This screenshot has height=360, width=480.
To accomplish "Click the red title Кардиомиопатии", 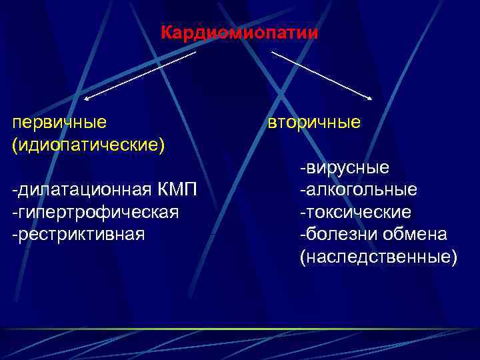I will [x=239, y=32].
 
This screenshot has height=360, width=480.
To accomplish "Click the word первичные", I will [x=60, y=122].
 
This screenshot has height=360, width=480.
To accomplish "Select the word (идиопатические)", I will [x=89, y=144].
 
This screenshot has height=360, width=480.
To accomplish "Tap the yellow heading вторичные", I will [x=314, y=122].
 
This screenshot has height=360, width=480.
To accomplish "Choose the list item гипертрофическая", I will [x=97, y=212].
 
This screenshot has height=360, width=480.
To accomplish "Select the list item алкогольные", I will [x=361, y=190].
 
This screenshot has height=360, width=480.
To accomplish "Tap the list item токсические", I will [x=358, y=212].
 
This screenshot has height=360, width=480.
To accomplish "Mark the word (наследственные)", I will [x=379, y=257].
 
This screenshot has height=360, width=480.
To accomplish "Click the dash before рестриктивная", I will [x=15, y=235].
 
